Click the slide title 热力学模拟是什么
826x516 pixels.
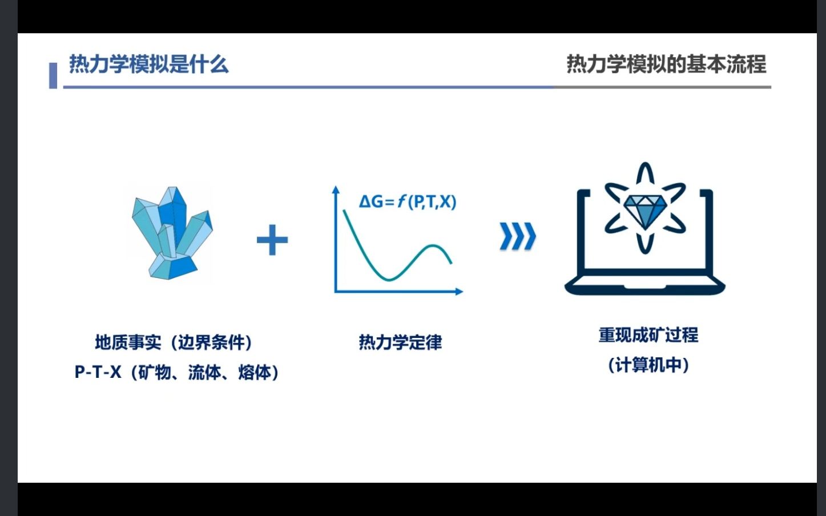(x=148, y=64)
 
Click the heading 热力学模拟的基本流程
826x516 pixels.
(x=666, y=64)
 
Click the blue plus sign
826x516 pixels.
(x=272, y=240)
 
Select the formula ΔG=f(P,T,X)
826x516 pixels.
(x=407, y=201)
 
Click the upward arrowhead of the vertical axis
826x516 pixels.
(x=336, y=190)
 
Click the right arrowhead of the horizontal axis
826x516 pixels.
(x=459, y=292)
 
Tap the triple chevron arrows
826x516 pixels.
(x=517, y=236)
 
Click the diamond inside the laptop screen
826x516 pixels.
(x=645, y=208)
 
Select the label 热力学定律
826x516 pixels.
(x=400, y=342)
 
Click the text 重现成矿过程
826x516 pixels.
(x=648, y=334)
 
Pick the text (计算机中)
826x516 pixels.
(x=648, y=365)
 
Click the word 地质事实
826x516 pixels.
(x=128, y=342)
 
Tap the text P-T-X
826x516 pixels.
(x=98, y=372)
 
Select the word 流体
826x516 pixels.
(x=204, y=372)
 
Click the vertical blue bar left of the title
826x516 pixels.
(x=53, y=75)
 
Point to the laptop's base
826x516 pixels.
(x=645, y=285)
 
